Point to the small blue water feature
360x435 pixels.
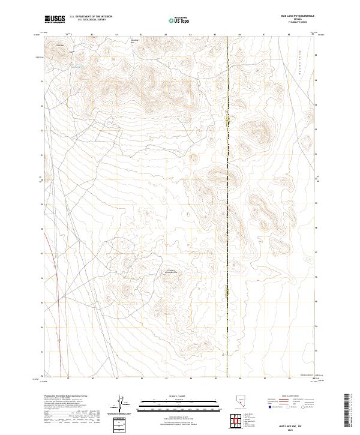pyautogui.click(x=77, y=67)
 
